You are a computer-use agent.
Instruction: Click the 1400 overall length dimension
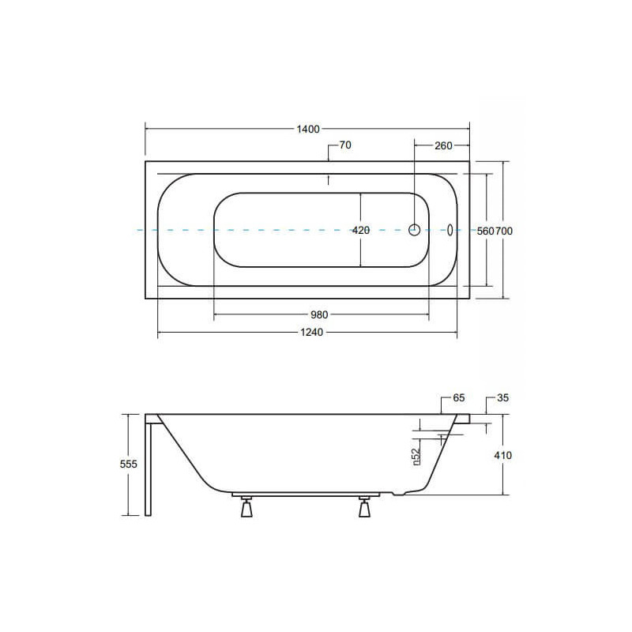click(x=308, y=129)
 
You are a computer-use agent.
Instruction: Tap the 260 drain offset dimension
click(x=443, y=145)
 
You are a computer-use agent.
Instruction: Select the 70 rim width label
click(x=345, y=145)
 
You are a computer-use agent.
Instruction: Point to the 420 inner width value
click(x=361, y=230)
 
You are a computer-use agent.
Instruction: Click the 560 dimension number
click(x=485, y=231)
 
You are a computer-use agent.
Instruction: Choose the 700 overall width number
click(x=504, y=231)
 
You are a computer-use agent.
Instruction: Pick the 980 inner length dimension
click(x=319, y=314)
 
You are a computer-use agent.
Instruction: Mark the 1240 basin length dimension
click(x=311, y=333)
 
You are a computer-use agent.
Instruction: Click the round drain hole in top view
click(x=414, y=230)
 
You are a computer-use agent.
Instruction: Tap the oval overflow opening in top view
click(x=450, y=230)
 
